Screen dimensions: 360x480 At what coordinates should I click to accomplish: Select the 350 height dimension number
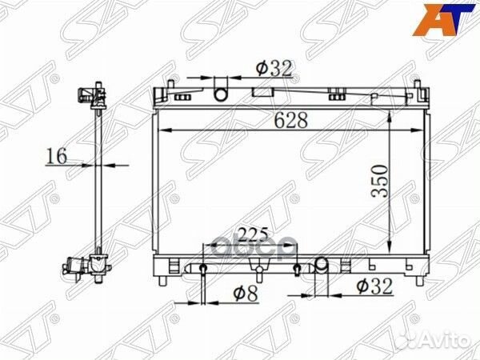[x=378, y=183]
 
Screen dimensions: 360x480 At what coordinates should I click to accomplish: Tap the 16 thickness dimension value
[x=55, y=156]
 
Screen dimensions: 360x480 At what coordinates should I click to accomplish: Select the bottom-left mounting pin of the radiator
[x=162, y=279]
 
